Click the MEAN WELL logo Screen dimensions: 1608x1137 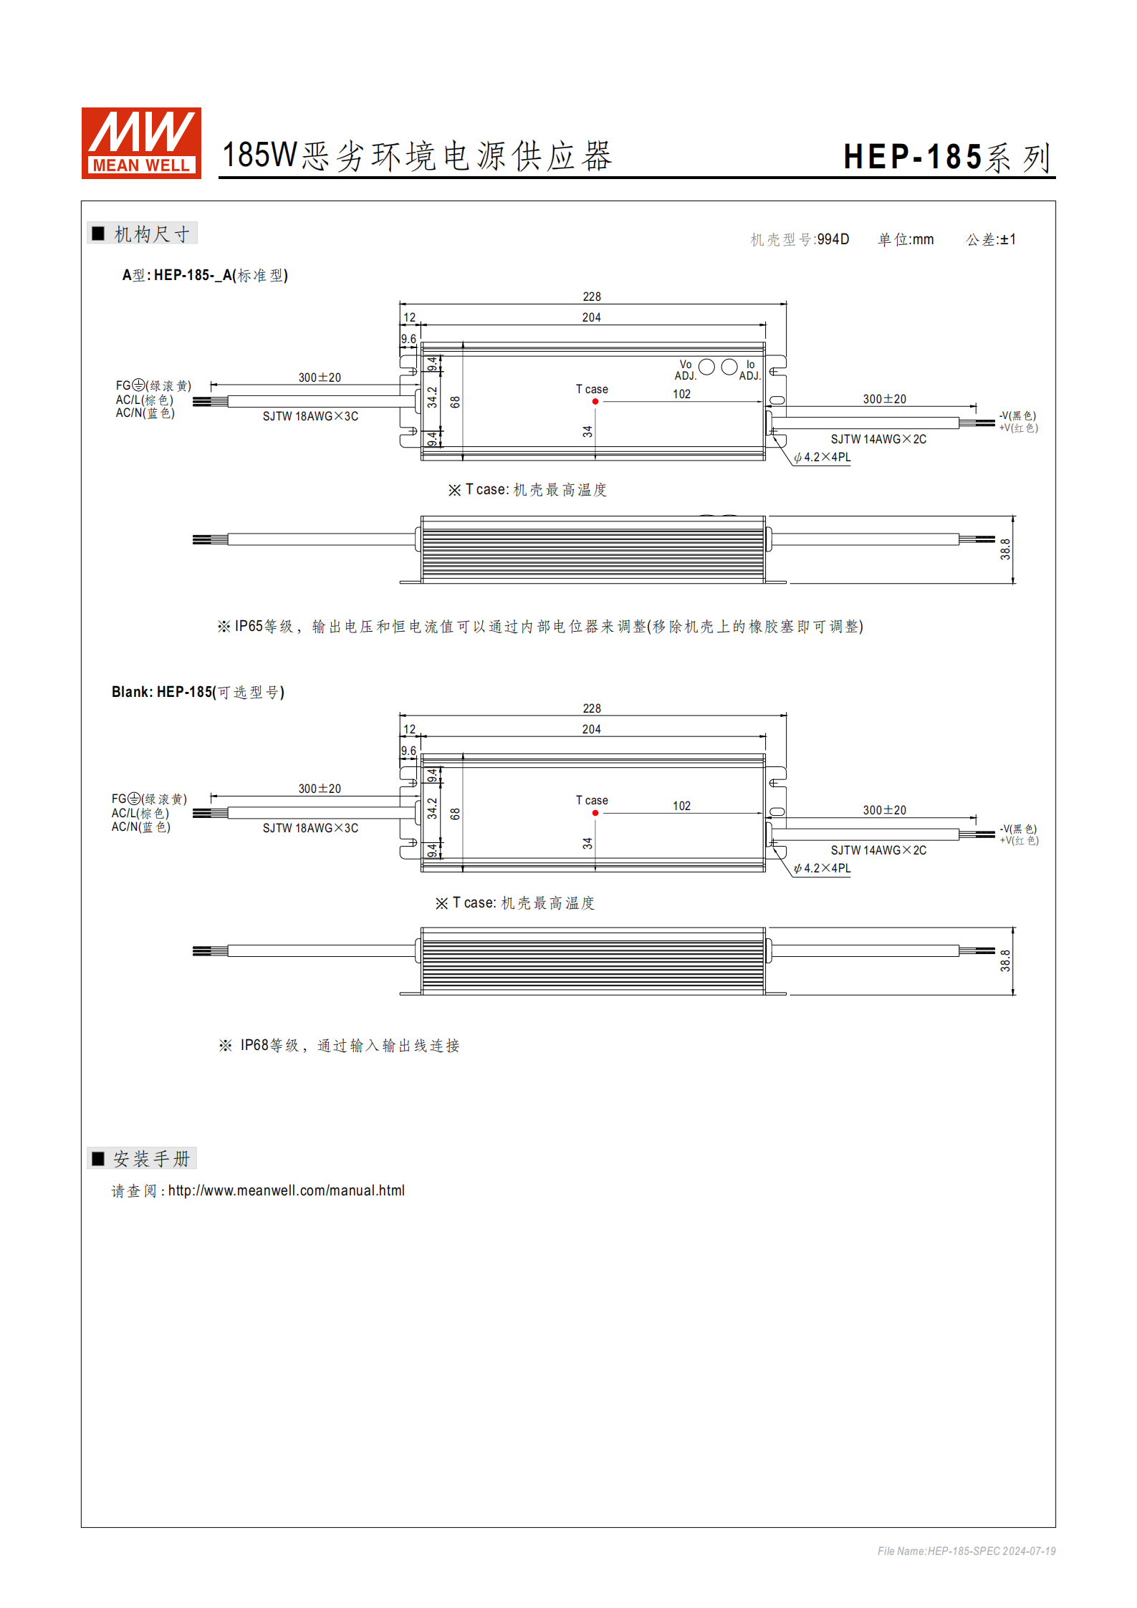(141, 143)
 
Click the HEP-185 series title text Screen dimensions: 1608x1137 (946, 158)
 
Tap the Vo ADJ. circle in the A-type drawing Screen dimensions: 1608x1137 (706, 367)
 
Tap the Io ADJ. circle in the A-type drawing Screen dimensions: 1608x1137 (729, 367)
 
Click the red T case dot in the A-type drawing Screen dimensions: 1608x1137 (595, 402)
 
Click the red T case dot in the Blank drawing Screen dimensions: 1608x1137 (595, 813)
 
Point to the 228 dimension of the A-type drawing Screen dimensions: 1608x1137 (592, 297)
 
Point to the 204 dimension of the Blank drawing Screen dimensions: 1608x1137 (591, 729)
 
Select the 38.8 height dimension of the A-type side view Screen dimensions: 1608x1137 (1006, 549)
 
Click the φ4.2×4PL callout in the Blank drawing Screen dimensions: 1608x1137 (822, 869)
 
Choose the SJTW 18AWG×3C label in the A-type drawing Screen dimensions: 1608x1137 (310, 416)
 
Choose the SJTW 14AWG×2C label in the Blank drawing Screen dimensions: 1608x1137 (878, 850)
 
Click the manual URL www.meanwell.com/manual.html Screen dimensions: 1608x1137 (287, 1190)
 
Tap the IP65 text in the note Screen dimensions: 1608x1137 (249, 627)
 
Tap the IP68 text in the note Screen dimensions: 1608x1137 (254, 1046)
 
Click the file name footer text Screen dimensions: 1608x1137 (966, 1551)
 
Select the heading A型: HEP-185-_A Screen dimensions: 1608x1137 (205, 275)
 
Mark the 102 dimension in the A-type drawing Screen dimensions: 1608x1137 (681, 394)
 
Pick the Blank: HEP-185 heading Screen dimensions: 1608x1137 (198, 692)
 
